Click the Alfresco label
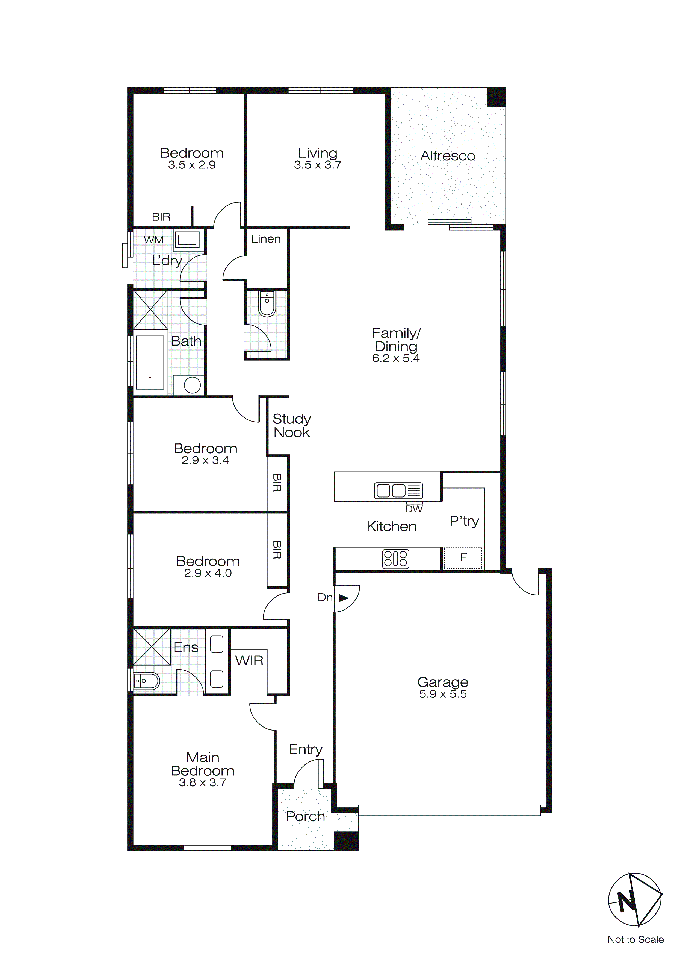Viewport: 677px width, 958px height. pyautogui.click(x=447, y=156)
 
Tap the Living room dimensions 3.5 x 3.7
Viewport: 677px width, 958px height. pyautogui.click(x=317, y=165)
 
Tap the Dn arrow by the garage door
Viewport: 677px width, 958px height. pyautogui.click(x=343, y=598)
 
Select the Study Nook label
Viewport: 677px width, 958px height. pyautogui.click(x=291, y=426)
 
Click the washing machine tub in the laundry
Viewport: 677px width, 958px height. pyautogui.click(x=187, y=240)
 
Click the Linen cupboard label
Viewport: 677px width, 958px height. pyautogui.click(x=265, y=239)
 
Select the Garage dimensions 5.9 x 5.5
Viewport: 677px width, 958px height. pyautogui.click(x=443, y=694)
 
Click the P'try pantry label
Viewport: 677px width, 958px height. pyautogui.click(x=464, y=521)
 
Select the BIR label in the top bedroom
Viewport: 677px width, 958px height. pyautogui.click(x=161, y=217)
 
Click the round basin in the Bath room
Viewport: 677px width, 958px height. pyautogui.click(x=192, y=385)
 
